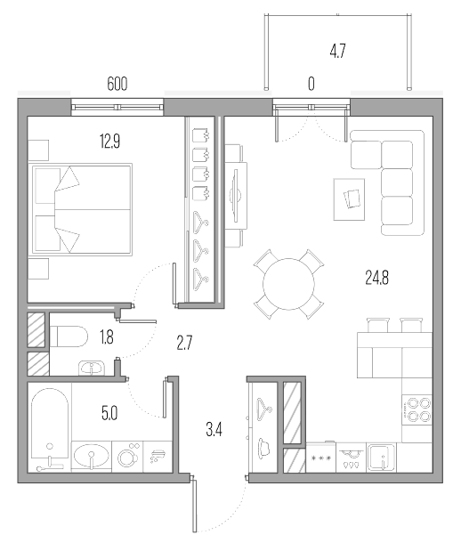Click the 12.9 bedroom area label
[110, 142]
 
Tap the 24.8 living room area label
[377, 278]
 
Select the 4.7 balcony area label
[337, 52]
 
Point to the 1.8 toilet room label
[107, 337]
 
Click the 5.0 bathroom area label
[109, 413]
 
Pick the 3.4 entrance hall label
[214, 430]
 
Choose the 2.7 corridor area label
[184, 343]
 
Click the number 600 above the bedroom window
[117, 84]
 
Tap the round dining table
[288, 284]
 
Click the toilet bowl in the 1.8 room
[69, 336]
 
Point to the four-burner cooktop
[417, 409]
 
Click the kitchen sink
[381, 458]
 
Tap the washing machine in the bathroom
[127, 457]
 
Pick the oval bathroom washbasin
[92, 457]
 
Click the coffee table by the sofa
[349, 199]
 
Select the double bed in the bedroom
[83, 209]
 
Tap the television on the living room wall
[236, 195]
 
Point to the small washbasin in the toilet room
[91, 368]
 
